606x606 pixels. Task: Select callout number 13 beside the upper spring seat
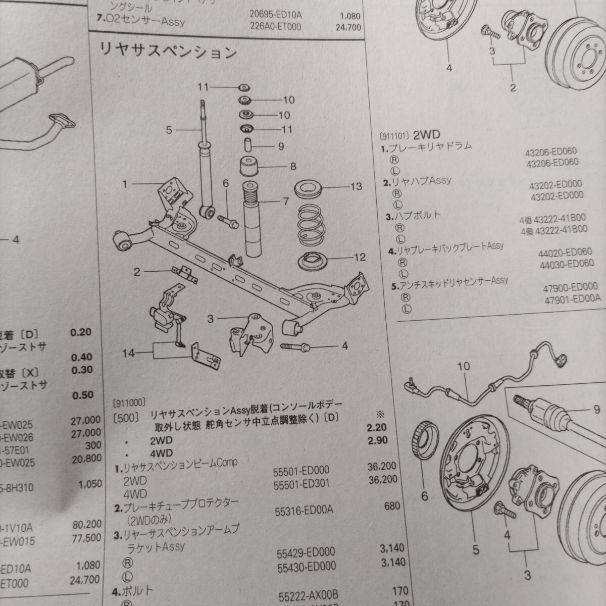pos(356,187)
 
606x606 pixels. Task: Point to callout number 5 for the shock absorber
pos(169,130)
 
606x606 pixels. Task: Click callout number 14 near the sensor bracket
pos(129,353)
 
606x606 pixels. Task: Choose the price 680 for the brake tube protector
pos(392,506)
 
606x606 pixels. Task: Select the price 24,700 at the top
pos(348,27)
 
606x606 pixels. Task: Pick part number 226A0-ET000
pos(276,26)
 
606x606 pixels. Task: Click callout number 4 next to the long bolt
pos(345,346)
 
